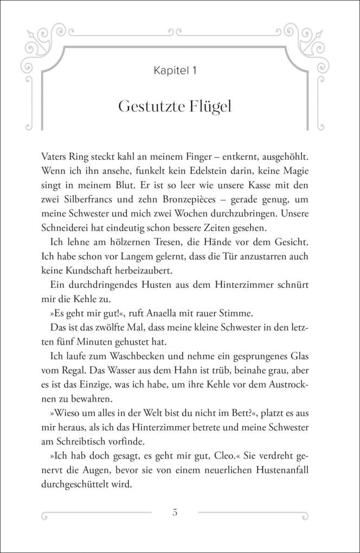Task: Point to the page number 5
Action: tap(175, 512)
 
